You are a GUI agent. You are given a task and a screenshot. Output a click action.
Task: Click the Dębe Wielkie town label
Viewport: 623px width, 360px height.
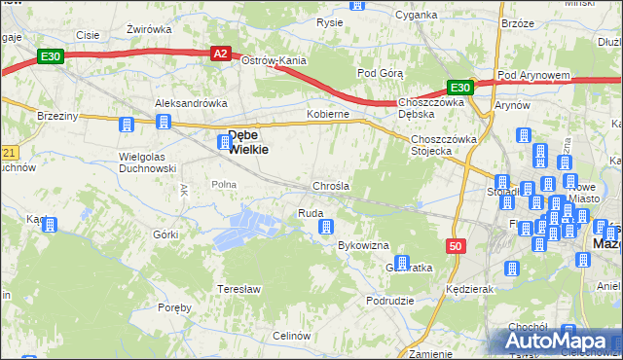[x=248, y=142]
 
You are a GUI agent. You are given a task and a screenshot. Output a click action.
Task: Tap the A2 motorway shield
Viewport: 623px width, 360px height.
[x=222, y=54]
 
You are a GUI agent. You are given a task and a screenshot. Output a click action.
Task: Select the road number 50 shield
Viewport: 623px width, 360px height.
[x=457, y=246]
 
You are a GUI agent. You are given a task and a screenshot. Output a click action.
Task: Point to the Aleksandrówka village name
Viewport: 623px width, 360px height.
[x=191, y=102]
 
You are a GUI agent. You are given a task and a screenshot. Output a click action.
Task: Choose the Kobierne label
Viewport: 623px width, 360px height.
[x=328, y=114]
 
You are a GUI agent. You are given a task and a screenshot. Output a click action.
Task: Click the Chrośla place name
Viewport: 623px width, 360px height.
[x=331, y=185]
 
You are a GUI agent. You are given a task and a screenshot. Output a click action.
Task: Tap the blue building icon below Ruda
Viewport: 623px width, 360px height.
[x=326, y=227]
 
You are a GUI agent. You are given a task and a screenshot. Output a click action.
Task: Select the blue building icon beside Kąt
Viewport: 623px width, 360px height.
[x=51, y=224]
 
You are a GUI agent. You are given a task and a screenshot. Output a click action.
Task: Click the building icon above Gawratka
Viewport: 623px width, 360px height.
[x=401, y=260]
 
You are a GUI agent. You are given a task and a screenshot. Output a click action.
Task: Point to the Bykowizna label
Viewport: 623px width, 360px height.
[x=363, y=245]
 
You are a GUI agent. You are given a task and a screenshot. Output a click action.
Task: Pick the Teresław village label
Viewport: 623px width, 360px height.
[x=238, y=289]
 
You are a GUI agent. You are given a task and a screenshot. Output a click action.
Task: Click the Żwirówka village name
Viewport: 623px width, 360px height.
[x=149, y=28]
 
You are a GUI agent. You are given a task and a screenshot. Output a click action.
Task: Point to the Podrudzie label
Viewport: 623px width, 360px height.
[x=392, y=302]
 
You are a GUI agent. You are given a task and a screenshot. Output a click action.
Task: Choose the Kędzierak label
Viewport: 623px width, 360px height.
[x=468, y=290]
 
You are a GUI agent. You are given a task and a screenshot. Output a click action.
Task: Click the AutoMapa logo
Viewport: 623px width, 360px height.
[x=560, y=342]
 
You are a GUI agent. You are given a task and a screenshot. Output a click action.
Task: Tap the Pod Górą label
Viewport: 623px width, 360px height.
[x=381, y=73]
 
